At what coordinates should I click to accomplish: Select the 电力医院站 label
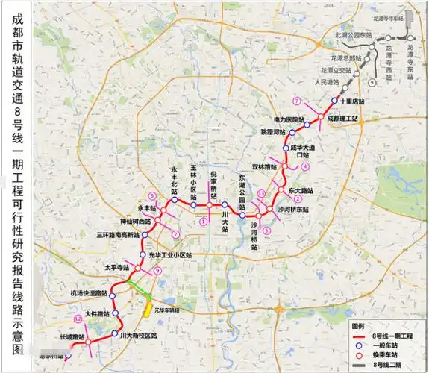click(x=289, y=119)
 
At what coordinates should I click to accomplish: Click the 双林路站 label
click(x=265, y=167)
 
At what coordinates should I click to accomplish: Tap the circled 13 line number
click(x=260, y=193)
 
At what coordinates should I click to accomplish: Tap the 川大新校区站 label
click(x=139, y=336)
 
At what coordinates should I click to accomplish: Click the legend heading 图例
click(x=359, y=327)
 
